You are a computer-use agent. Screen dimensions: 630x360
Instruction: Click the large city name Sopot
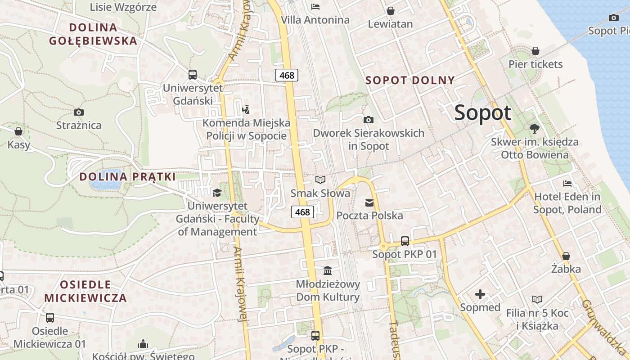tap(482, 112)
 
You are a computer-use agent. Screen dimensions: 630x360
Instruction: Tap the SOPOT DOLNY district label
tap(410, 81)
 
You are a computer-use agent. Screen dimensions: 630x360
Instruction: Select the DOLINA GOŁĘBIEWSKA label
tap(93, 34)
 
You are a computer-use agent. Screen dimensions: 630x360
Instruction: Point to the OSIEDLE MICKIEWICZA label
tap(85, 291)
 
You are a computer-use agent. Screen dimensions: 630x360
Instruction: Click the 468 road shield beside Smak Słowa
tap(302, 211)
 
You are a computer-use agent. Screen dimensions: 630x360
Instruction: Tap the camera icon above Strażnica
tap(79, 112)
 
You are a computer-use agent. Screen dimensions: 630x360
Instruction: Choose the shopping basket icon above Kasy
tap(18, 131)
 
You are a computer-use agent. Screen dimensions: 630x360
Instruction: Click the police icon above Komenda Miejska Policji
tap(246, 109)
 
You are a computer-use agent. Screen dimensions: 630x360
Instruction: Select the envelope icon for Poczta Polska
tap(369, 203)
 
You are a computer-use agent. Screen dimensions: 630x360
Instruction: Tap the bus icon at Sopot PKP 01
tap(405, 241)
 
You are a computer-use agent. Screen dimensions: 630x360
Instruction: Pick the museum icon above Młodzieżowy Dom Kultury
tap(328, 271)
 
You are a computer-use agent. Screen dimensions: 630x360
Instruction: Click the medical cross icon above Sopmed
tap(480, 295)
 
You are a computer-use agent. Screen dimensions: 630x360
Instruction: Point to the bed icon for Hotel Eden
tap(567, 184)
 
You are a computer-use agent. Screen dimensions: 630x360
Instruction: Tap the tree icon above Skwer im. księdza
tap(535, 129)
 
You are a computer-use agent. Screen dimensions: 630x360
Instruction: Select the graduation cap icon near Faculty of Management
tap(217, 193)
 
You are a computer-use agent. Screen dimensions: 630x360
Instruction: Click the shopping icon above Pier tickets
tap(535, 51)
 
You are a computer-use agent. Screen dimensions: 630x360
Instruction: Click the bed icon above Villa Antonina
tap(315, 7)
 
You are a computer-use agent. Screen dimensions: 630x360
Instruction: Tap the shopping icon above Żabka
tap(566, 256)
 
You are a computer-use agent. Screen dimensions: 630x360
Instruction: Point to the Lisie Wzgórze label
tap(123, 7)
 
